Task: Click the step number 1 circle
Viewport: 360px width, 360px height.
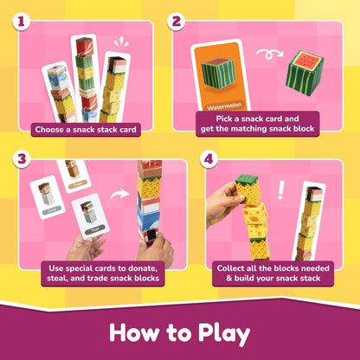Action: [x=21, y=22]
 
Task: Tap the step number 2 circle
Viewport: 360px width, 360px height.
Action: [x=176, y=22]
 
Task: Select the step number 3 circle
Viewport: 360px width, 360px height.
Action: [x=22, y=159]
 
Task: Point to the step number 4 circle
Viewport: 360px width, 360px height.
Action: [x=209, y=159]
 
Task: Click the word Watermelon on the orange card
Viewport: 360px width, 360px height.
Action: [x=224, y=106]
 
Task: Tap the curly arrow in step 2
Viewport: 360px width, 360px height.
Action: [x=269, y=54]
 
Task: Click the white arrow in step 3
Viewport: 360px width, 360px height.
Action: [x=119, y=194]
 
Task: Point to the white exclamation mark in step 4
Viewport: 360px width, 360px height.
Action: [x=280, y=190]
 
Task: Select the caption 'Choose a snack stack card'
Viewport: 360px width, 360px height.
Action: [x=86, y=130]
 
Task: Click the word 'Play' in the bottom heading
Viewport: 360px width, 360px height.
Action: [x=224, y=333]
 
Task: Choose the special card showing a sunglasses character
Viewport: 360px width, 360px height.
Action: [x=90, y=217]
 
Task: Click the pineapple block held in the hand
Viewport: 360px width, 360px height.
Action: [x=248, y=190]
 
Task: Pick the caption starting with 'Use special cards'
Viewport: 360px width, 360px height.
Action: [x=103, y=273]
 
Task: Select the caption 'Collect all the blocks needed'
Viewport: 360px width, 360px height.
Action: [x=273, y=268]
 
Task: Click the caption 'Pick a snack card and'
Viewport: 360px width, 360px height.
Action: [x=257, y=119]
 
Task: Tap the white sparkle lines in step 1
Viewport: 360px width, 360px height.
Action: [x=121, y=42]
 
